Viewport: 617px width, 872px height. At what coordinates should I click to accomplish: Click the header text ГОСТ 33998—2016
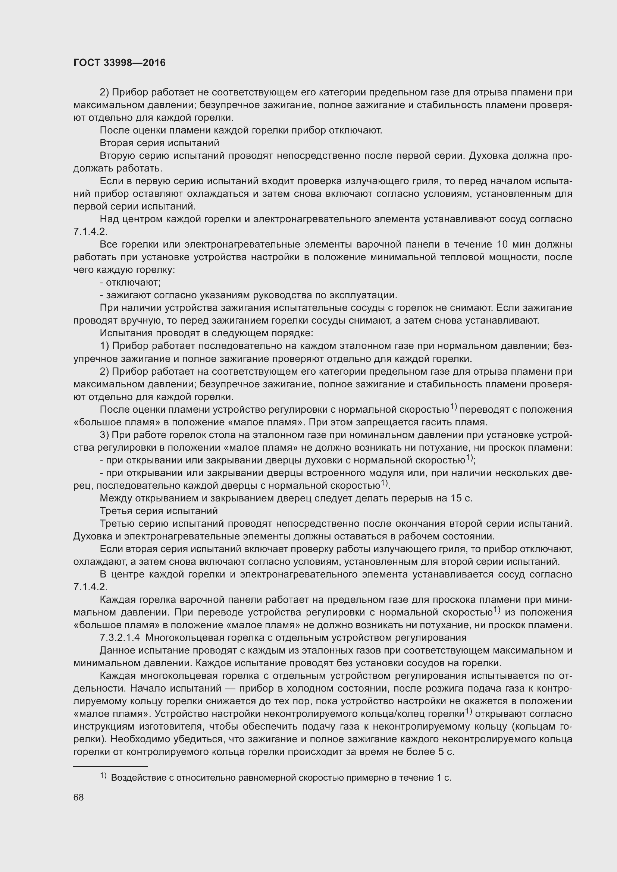pyautogui.click(x=119, y=63)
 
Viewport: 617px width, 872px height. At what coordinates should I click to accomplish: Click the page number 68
pyautogui.click(x=79, y=797)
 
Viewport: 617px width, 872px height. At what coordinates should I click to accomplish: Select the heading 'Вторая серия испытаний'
pyautogui.click(x=160, y=143)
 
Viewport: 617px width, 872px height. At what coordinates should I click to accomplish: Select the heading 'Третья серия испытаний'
pyautogui.click(x=159, y=511)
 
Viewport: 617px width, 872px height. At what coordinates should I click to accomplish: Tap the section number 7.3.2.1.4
pyautogui.click(x=120, y=637)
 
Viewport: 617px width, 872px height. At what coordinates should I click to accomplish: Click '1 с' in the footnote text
pyautogui.click(x=443, y=778)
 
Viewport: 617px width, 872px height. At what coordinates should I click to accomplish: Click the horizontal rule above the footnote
pyautogui.click(x=110, y=767)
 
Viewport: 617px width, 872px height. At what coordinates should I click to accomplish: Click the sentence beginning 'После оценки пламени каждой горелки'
pyautogui.click(x=241, y=130)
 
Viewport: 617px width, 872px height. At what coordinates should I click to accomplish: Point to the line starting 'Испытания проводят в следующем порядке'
pyautogui.click(x=206, y=333)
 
